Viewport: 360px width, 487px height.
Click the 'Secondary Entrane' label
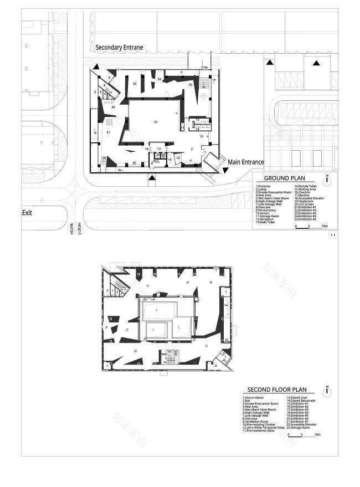119,48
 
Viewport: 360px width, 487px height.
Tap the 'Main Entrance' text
246,162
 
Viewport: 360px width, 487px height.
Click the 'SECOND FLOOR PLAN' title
276,389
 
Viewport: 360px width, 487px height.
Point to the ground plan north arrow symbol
327,179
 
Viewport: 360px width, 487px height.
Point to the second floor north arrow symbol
327,392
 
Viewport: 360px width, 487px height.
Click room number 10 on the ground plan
155,121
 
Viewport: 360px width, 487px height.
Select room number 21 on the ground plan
109,132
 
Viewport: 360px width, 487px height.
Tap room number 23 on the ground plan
135,84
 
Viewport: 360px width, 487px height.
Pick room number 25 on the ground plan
190,84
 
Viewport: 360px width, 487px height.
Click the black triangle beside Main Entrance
226,172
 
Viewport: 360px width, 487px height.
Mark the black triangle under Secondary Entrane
96,66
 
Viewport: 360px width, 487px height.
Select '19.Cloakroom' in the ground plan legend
306,201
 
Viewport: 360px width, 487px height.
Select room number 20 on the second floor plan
135,351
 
